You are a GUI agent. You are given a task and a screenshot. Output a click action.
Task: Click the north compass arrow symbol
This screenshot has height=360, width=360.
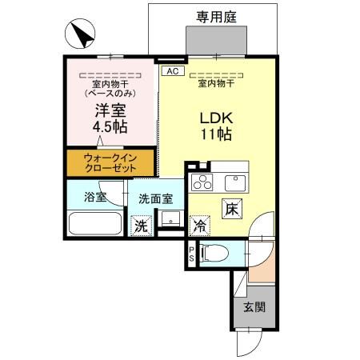(82, 34)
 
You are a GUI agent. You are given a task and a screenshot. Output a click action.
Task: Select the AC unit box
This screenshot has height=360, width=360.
(170, 70)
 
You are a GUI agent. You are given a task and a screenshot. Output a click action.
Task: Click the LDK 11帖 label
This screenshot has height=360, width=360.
(215, 126)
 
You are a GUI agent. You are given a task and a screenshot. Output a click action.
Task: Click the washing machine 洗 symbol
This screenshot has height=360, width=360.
(141, 225)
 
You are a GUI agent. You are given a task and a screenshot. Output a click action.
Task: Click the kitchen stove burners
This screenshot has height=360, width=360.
(202, 180)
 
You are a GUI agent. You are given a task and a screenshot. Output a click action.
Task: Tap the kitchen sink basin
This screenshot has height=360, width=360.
(234, 180)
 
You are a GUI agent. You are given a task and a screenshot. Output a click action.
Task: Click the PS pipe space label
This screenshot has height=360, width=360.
(190, 255)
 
